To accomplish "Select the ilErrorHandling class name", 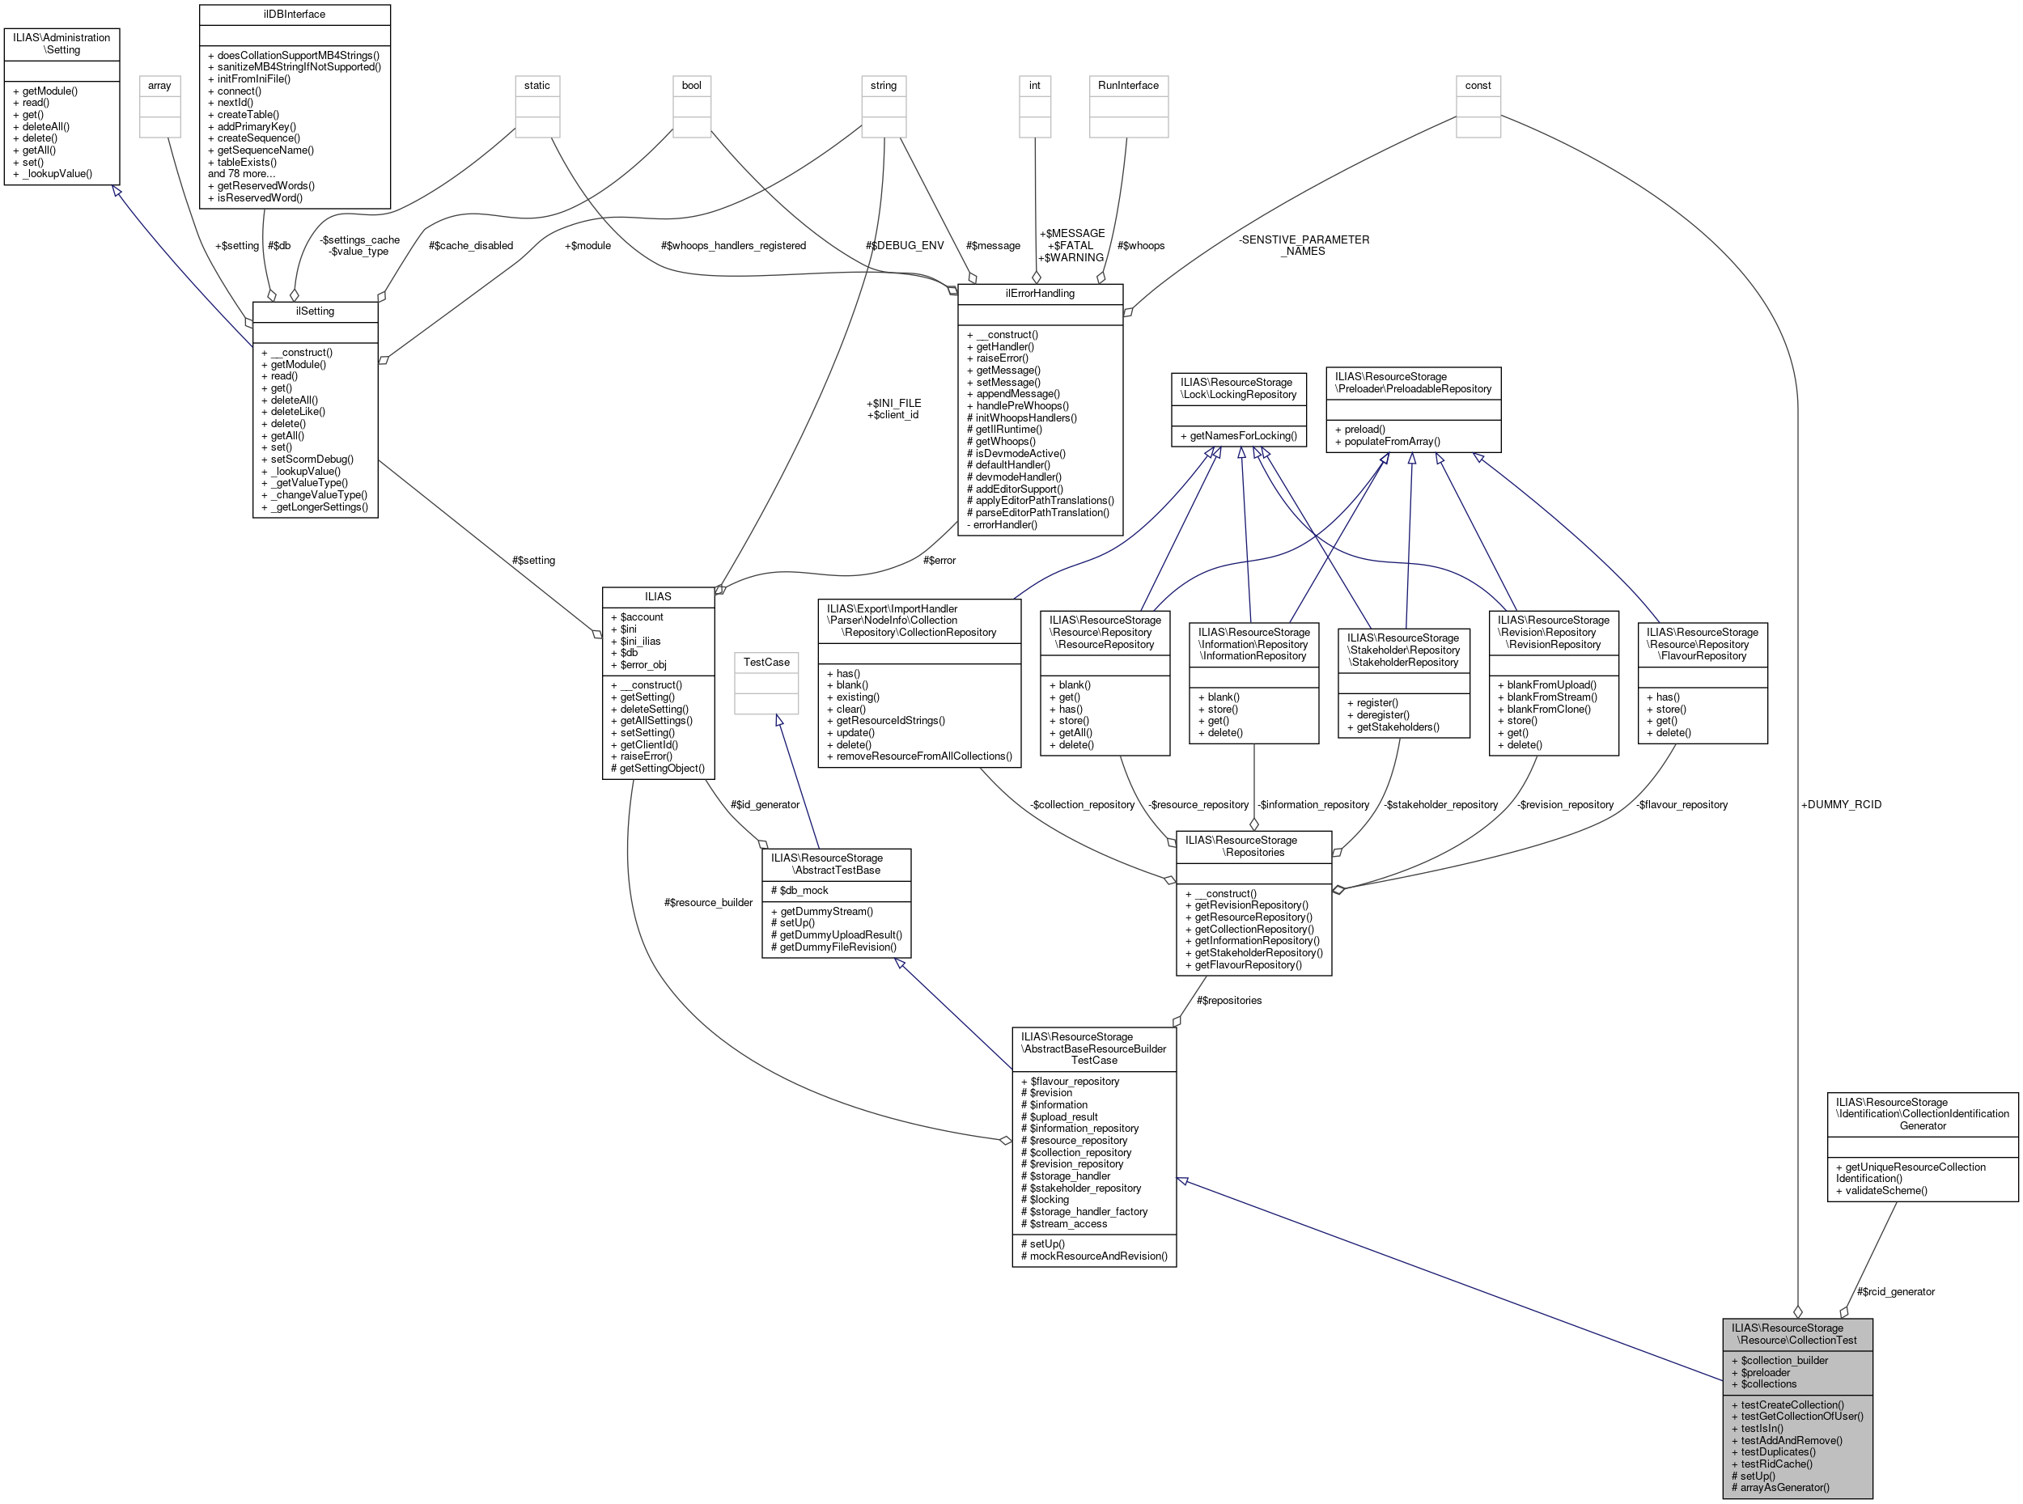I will pos(1040,293).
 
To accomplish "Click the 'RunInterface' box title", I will pos(1127,86).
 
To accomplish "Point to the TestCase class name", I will pos(766,662).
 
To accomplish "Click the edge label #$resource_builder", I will pos(707,902).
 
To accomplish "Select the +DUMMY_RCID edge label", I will pos(1840,804).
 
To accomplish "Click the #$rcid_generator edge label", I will pos(1894,1291).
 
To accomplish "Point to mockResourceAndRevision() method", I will pos(1093,1256).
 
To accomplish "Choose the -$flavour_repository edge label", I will pos(1681,804).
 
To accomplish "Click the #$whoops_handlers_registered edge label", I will pos(733,246).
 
